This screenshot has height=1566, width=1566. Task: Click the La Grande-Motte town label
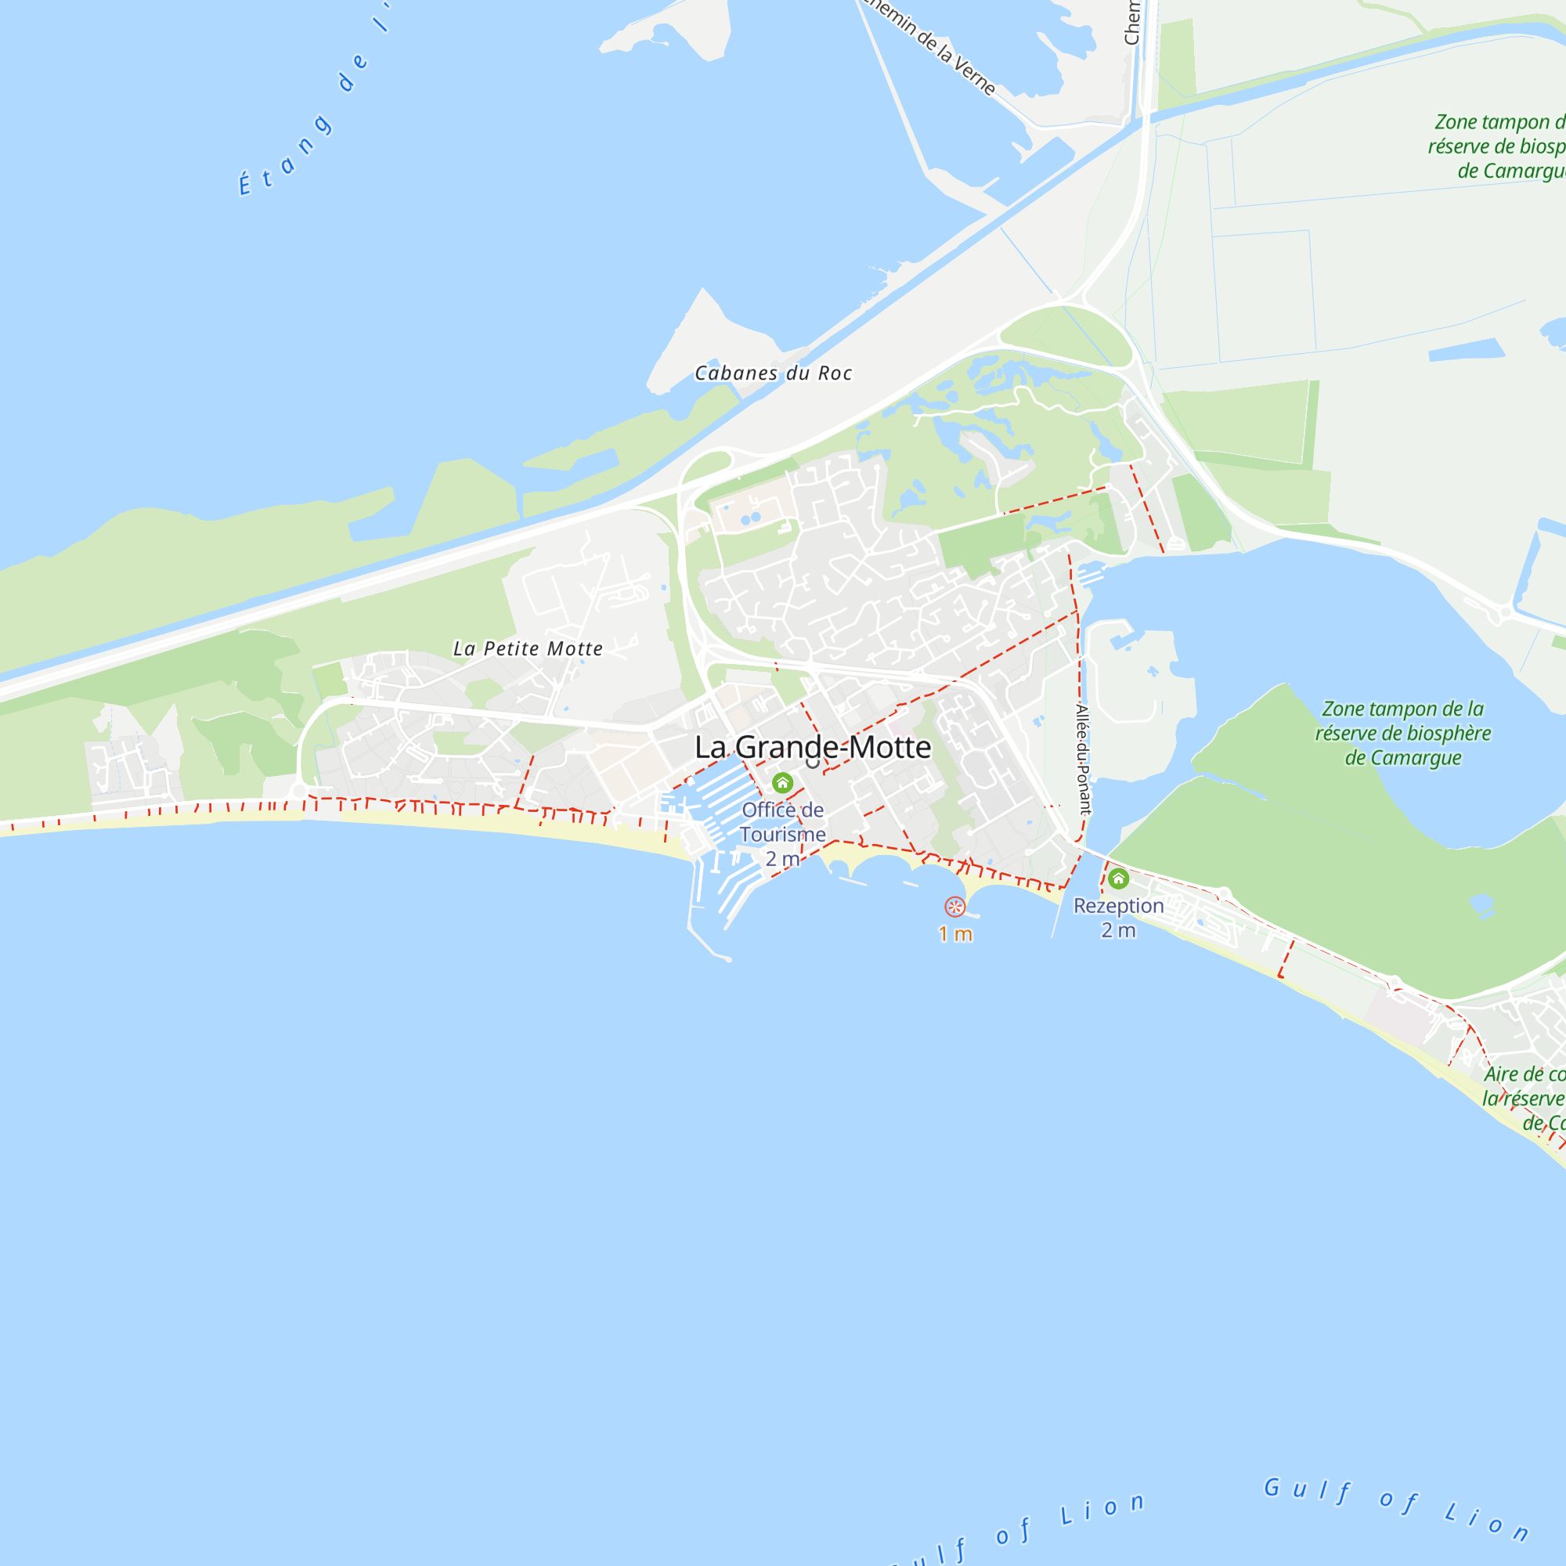(812, 747)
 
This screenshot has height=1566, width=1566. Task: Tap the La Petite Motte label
(528, 648)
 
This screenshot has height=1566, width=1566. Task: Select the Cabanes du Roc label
(774, 373)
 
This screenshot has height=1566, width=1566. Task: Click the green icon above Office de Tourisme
(782, 783)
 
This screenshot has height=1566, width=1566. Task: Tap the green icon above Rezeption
(1119, 878)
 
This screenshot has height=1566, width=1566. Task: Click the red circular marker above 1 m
(954, 906)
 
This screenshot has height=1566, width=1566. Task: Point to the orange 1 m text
(954, 935)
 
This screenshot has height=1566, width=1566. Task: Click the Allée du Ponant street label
(1083, 759)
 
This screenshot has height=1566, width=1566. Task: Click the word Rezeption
(1119, 905)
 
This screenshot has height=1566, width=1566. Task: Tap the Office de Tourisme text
(782, 822)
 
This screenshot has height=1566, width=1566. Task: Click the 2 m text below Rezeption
(1119, 930)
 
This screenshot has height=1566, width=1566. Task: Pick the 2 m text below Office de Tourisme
(782, 859)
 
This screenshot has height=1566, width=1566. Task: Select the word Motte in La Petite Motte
(575, 648)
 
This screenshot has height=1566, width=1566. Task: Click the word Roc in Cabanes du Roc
(834, 373)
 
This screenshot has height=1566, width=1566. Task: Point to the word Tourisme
(782, 834)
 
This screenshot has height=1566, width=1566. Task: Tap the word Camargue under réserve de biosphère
(1403, 759)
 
